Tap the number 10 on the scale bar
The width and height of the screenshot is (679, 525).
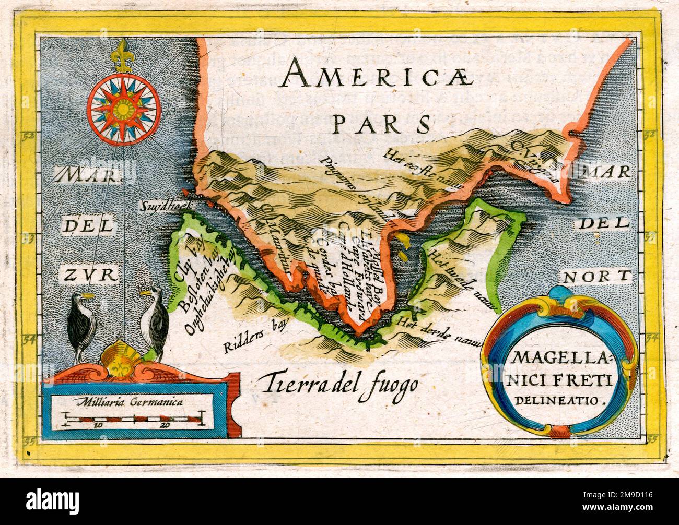98,425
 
